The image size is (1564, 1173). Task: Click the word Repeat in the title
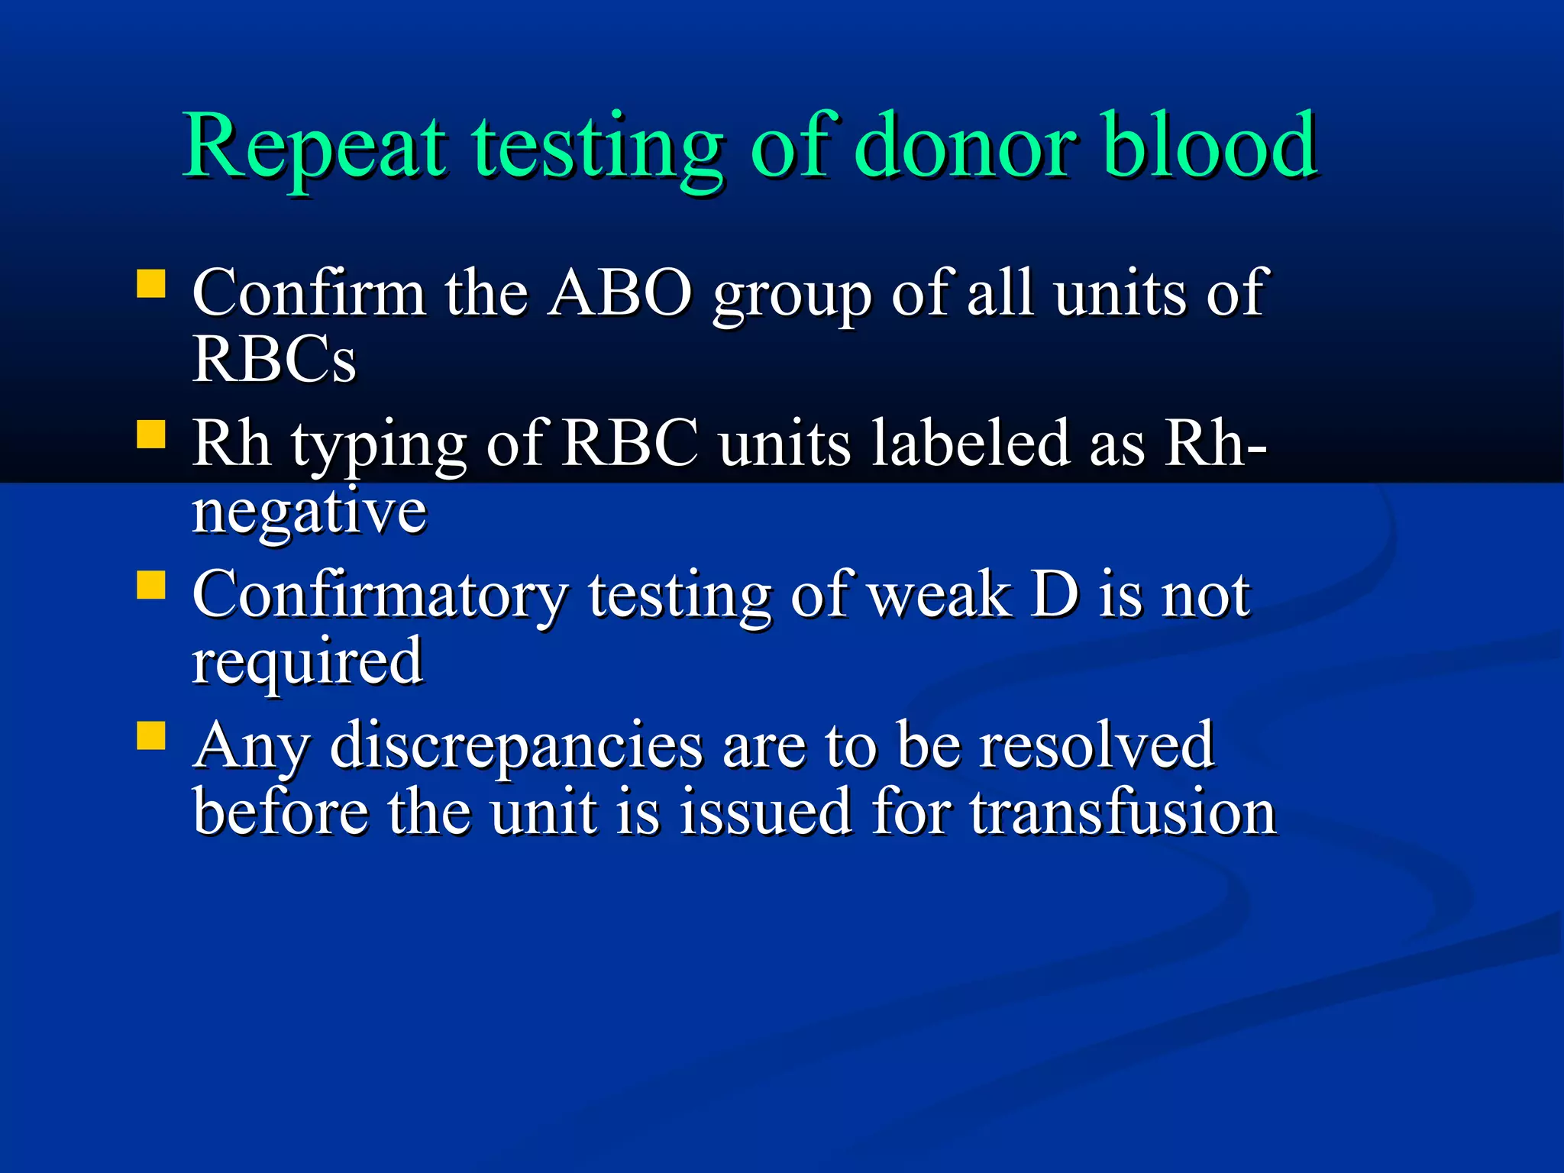pyautogui.click(x=314, y=147)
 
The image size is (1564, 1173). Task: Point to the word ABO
pyautogui.click(x=619, y=293)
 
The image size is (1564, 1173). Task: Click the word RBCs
pyautogui.click(x=273, y=359)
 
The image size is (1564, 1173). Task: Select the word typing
pyautogui.click(x=379, y=446)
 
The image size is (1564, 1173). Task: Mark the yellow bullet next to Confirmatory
pyautogui.click(x=151, y=586)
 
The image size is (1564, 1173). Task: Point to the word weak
pyautogui.click(x=940, y=595)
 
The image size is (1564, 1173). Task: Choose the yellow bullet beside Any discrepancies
pyautogui.click(x=151, y=736)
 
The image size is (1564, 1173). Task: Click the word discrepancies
pyautogui.click(x=515, y=747)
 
